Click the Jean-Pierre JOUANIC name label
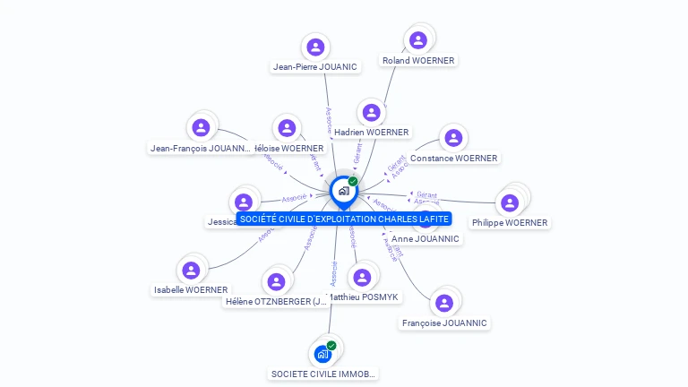315,66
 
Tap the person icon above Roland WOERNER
417,40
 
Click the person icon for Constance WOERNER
453,138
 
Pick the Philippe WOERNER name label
510,222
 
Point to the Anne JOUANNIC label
426,239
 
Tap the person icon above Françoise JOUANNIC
443,303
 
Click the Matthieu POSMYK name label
364,297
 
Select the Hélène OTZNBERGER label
277,302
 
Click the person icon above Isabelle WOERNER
191,270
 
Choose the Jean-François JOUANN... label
201,148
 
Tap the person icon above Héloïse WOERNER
287,128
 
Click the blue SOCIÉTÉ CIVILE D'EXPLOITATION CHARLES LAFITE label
344,219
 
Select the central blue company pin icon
343,191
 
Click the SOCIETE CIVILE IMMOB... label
323,374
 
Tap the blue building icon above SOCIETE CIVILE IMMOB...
323,354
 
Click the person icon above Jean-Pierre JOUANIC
314,47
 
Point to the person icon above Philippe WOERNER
510,202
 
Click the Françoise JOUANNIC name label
444,322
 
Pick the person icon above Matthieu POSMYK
362,277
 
